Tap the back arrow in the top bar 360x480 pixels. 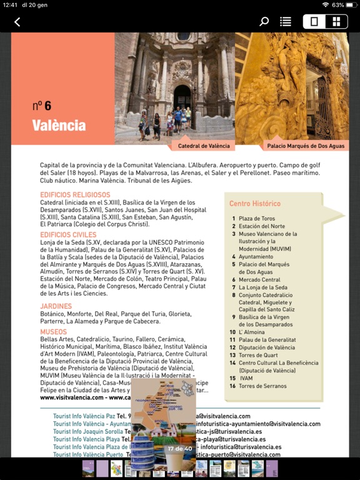pyautogui.click(x=17, y=22)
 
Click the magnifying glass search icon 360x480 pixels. pyautogui.click(x=264, y=22)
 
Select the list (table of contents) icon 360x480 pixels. pyautogui.click(x=286, y=22)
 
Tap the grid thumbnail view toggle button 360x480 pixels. pyautogui.click(x=336, y=22)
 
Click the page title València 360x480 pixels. pyautogui.click(x=59, y=126)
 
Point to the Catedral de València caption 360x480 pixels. pyautogui.click(x=204, y=146)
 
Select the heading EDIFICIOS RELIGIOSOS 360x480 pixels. pyautogui.click(x=75, y=195)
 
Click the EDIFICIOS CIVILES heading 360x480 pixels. pyautogui.click(x=68, y=235)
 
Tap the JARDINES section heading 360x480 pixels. pyautogui.click(x=56, y=306)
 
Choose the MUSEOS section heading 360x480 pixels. pyautogui.click(x=54, y=332)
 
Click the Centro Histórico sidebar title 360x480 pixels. pyautogui.click(x=255, y=204)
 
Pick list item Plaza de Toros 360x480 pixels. pyautogui.click(x=256, y=219)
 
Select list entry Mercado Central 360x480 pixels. pyautogui.click(x=259, y=280)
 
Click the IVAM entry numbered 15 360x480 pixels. pyautogui.click(x=246, y=378)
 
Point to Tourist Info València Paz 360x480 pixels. pyautogui.click(x=84, y=416)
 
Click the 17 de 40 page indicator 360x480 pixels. pyautogui.click(x=179, y=449)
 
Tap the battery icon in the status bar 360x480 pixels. pyautogui.click(x=351, y=5)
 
